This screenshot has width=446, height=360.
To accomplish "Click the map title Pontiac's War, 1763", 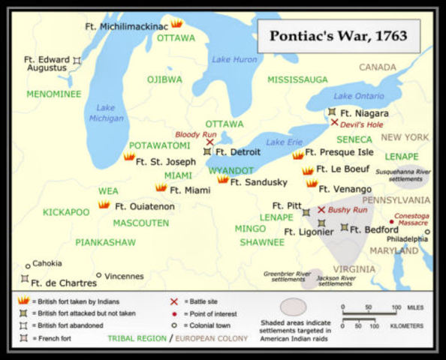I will click(339, 36).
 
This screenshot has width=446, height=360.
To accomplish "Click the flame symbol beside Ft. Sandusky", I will click(223, 180).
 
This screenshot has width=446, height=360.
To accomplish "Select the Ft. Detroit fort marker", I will click(207, 151).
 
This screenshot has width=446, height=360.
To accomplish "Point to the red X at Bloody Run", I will click(209, 140).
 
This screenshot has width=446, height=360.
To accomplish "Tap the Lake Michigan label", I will click(106, 112).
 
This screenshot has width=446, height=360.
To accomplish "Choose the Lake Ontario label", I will click(358, 96).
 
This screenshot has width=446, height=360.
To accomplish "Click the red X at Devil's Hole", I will click(334, 122).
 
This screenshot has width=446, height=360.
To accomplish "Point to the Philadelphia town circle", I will click(427, 232).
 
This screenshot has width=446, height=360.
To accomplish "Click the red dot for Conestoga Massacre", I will click(390, 222).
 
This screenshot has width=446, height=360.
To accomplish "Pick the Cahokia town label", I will click(47, 263).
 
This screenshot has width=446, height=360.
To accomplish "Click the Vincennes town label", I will click(123, 276).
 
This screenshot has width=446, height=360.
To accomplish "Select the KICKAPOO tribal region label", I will click(66, 212).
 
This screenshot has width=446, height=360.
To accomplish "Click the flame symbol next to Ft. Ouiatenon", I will click(104, 205).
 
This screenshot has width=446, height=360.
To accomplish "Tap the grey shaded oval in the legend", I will click(293, 306).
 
